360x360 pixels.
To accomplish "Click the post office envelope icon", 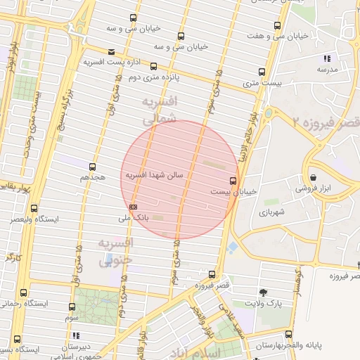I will coord(112,51).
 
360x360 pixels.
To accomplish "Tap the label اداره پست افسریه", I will coord(109,63).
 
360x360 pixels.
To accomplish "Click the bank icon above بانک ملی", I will coord(134,206).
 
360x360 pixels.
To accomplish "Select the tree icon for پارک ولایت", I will coord(263,292).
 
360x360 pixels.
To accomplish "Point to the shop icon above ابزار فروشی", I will coord(312,177).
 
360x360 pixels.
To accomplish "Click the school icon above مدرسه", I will coord(326,58).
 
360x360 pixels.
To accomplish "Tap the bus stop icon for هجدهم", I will coord(92,167).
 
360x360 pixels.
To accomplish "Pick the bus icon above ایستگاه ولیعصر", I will coord(34,208).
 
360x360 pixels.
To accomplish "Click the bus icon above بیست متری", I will coord(262,72).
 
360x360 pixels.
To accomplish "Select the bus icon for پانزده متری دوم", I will coord(153,67).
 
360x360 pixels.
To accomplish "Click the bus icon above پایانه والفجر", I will coord(288,335).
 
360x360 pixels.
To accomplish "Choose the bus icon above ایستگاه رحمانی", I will coord(25,292).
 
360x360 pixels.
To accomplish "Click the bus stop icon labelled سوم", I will coord(72,307).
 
